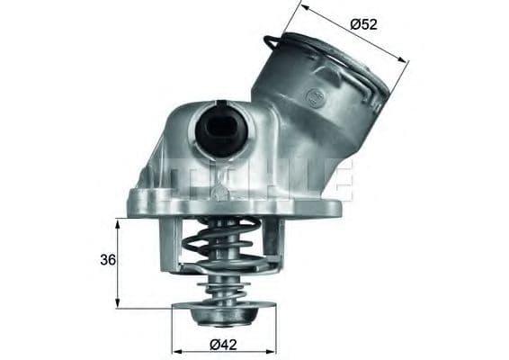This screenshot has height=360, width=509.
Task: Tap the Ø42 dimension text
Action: click(x=225, y=343)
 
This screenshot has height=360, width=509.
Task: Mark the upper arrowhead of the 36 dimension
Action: click(x=118, y=222)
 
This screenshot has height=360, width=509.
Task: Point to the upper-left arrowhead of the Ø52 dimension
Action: click(x=304, y=8)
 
